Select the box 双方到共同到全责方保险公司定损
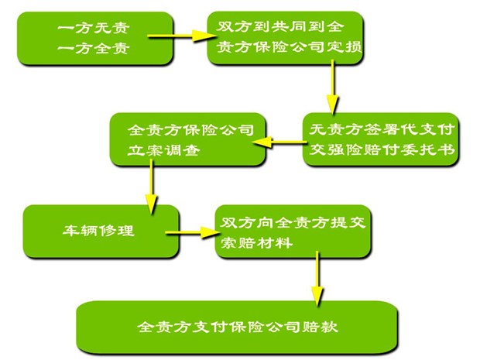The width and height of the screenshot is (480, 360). (x=287, y=37)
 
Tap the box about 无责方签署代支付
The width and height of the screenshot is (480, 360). (x=379, y=139)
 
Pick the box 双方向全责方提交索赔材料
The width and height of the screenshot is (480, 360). (x=291, y=231)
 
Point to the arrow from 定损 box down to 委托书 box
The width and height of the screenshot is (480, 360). (x=334, y=91)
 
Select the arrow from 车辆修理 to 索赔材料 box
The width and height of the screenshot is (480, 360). (x=190, y=231)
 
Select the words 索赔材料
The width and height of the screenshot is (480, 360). (x=256, y=242)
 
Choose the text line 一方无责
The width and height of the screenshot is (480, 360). (x=93, y=28)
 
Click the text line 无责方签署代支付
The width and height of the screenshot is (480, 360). (x=380, y=129)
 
